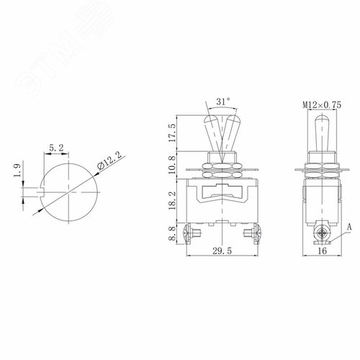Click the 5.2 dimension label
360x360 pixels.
[55, 148]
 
